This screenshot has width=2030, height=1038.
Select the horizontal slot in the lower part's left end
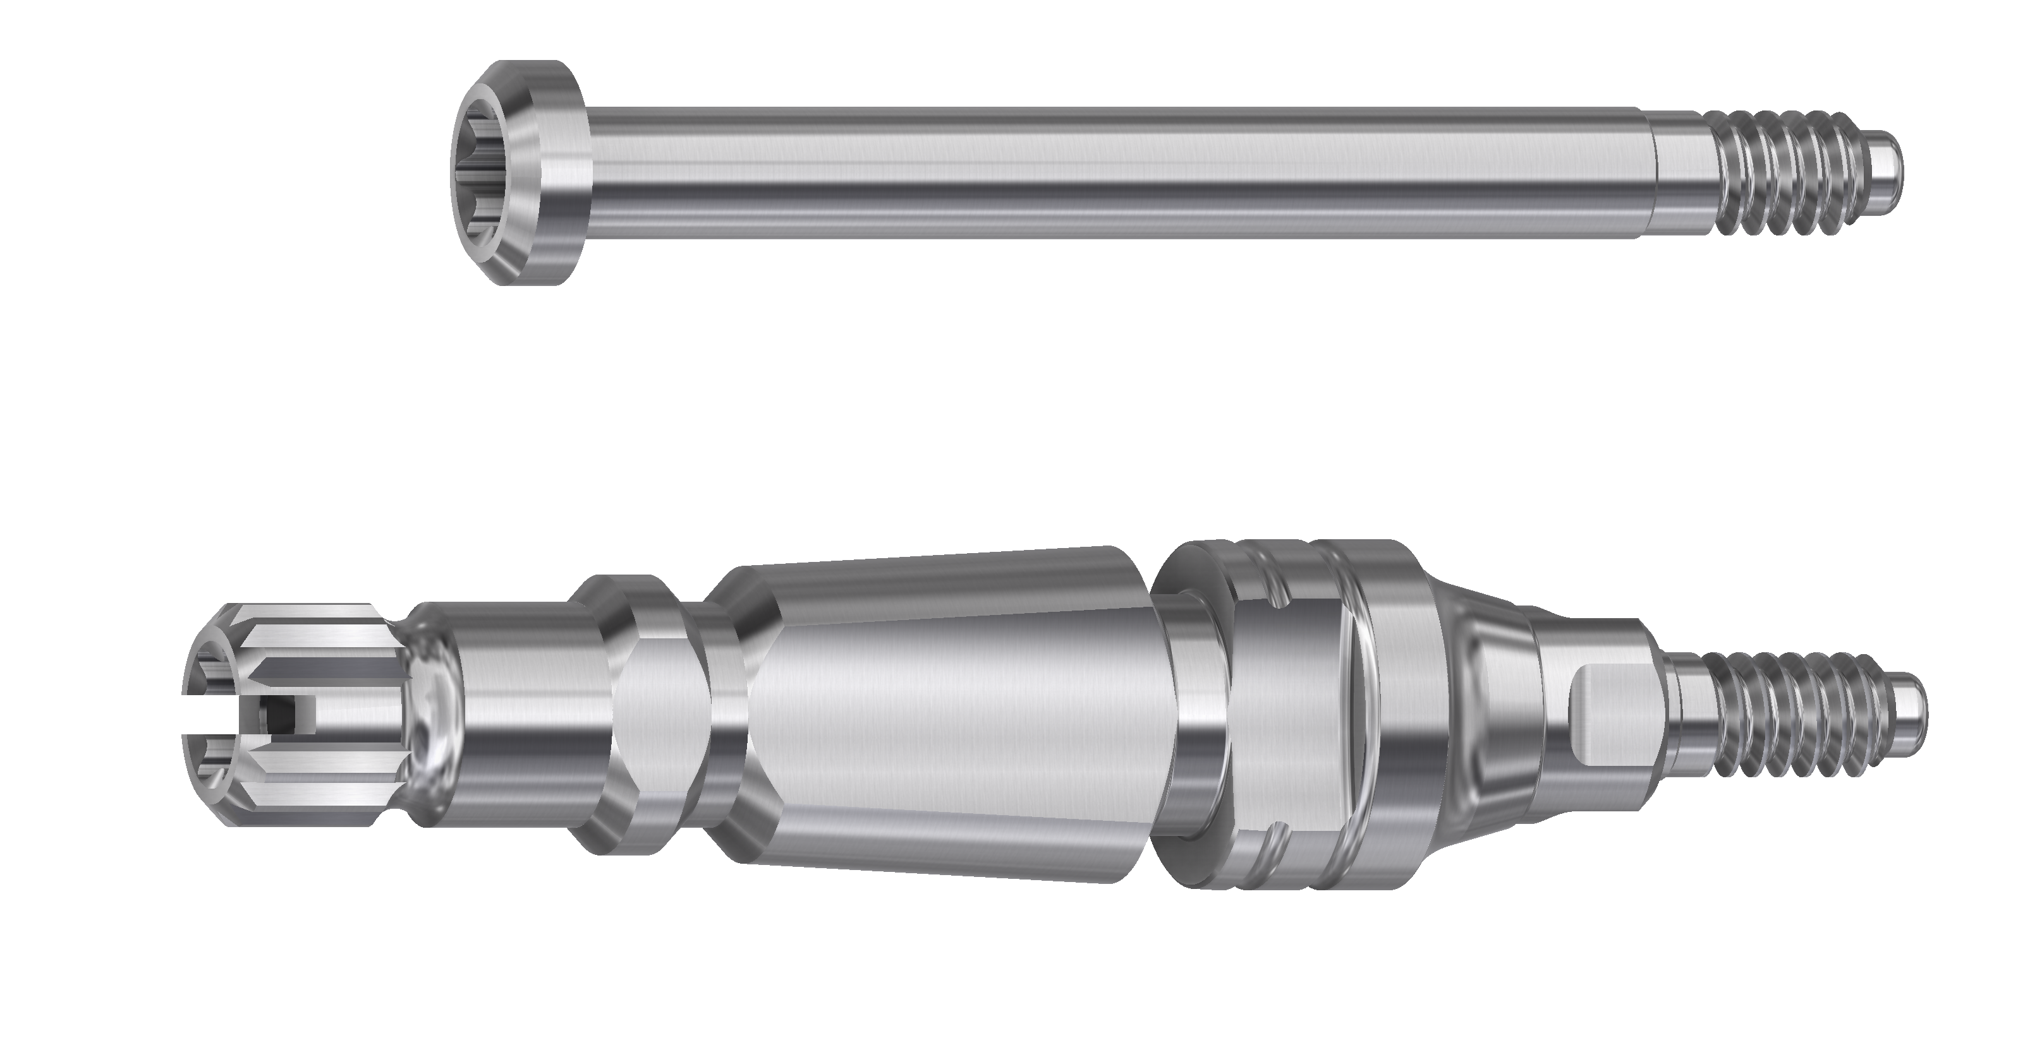tap(213, 716)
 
